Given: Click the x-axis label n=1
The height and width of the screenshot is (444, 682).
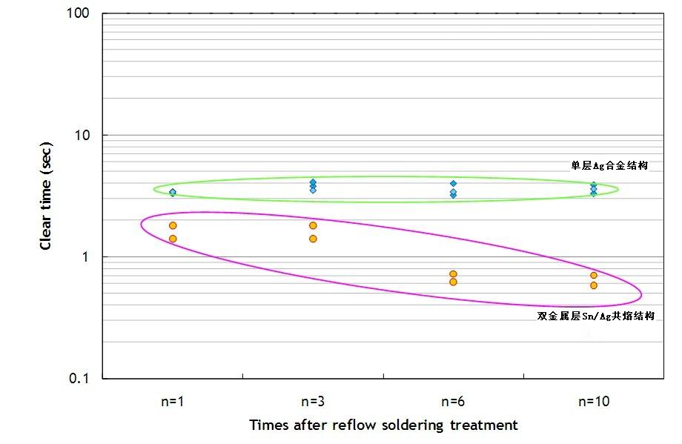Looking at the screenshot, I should click(172, 402).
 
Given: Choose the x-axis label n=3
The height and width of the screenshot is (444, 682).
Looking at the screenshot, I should click(313, 402).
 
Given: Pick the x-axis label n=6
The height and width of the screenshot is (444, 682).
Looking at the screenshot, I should click(453, 402).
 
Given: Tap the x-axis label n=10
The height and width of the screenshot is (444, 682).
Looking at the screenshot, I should click(594, 402).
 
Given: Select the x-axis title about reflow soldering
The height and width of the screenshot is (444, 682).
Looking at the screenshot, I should click(383, 425).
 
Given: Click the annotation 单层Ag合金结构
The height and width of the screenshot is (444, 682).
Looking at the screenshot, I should click(609, 166).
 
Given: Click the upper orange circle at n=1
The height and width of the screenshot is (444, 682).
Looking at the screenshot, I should click(173, 225).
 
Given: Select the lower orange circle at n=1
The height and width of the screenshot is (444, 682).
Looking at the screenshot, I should click(173, 239).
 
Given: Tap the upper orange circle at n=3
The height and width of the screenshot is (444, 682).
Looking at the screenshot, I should click(313, 225).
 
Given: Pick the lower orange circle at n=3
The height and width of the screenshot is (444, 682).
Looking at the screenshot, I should click(313, 239).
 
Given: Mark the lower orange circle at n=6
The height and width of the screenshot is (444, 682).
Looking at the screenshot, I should click(453, 282).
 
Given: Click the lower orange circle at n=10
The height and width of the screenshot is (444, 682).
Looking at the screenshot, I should click(594, 285).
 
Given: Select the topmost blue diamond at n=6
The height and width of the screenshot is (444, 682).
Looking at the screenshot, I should click(453, 183).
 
